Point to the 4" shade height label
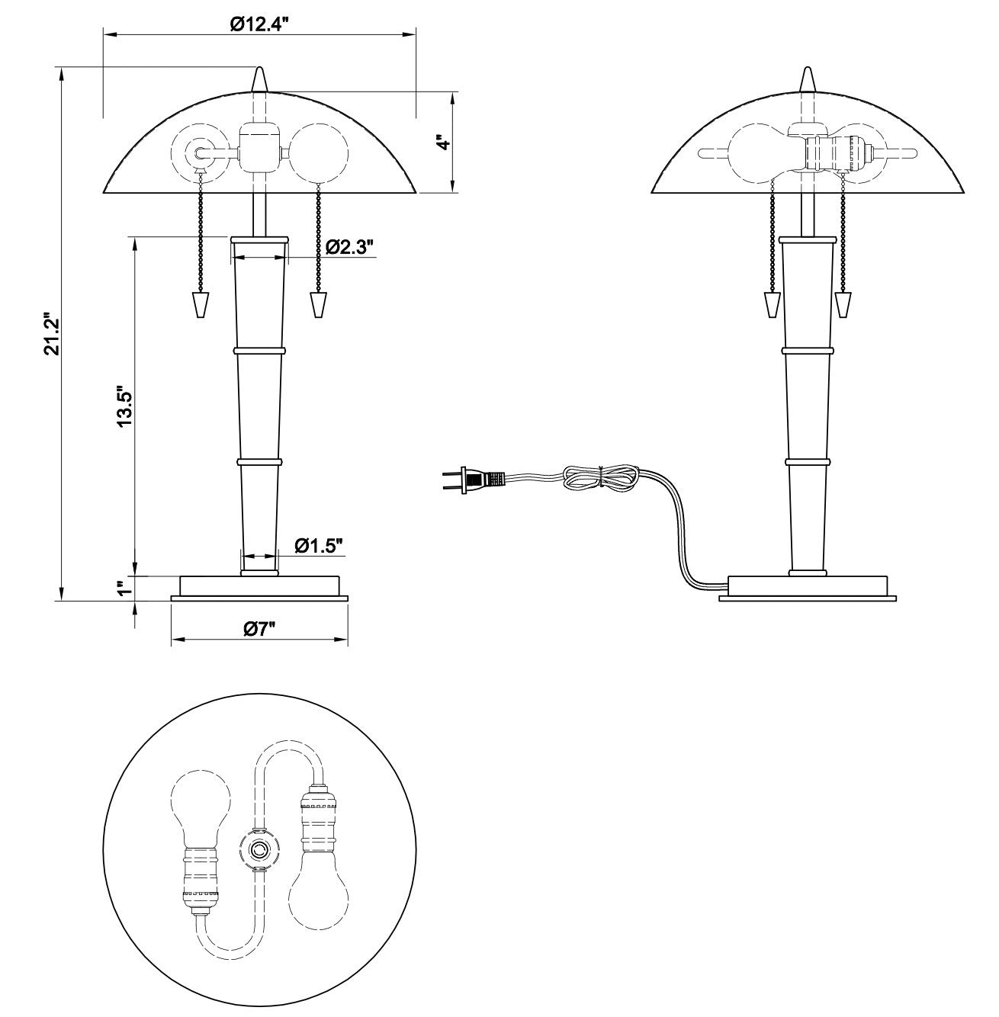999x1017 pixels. pyautogui.click(x=445, y=143)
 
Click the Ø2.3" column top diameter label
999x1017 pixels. pyautogui.click(x=349, y=246)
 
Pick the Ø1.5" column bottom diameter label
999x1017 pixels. pyautogui.click(x=319, y=546)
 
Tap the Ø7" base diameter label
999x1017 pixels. pyautogui.click(x=260, y=628)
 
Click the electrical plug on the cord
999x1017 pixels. pyautogui.click(x=473, y=480)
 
